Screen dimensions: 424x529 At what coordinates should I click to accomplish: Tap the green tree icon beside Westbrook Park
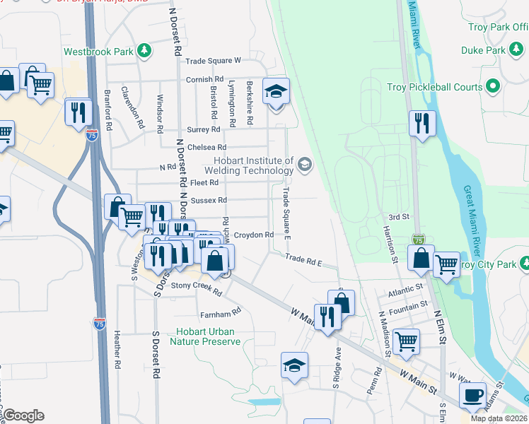click(145, 50)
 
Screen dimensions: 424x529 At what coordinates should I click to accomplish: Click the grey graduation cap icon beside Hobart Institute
click(305, 165)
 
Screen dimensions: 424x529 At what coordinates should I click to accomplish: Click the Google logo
click(23, 416)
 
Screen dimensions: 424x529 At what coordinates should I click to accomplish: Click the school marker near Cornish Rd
click(275, 91)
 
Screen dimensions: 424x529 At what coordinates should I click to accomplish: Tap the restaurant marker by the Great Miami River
click(422, 123)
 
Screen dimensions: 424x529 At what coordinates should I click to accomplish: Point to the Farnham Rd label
click(221, 311)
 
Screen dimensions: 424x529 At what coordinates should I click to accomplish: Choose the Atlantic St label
click(405, 290)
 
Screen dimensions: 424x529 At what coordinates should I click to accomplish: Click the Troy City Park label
click(487, 264)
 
